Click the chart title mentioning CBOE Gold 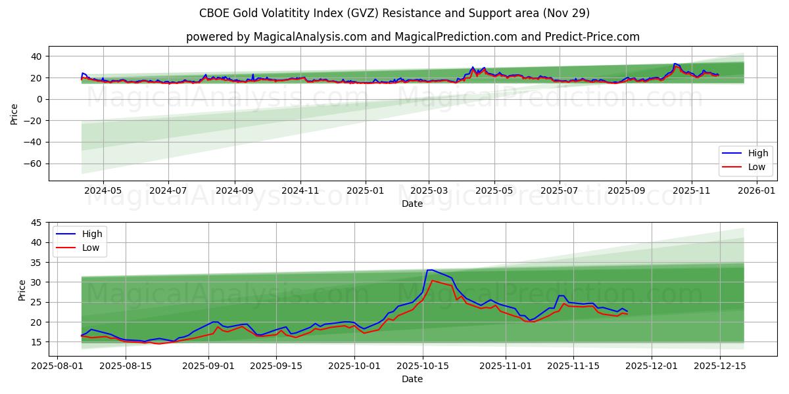coord(394,13)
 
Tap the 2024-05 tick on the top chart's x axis coord(103,190)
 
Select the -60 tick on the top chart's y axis coord(35,164)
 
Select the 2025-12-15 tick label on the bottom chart coord(719,366)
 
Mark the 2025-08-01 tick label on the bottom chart coord(57,366)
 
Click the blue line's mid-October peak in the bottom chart coord(429,270)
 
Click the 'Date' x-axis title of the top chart coord(412,204)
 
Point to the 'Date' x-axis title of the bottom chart coord(412,379)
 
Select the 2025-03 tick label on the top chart coord(429,190)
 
